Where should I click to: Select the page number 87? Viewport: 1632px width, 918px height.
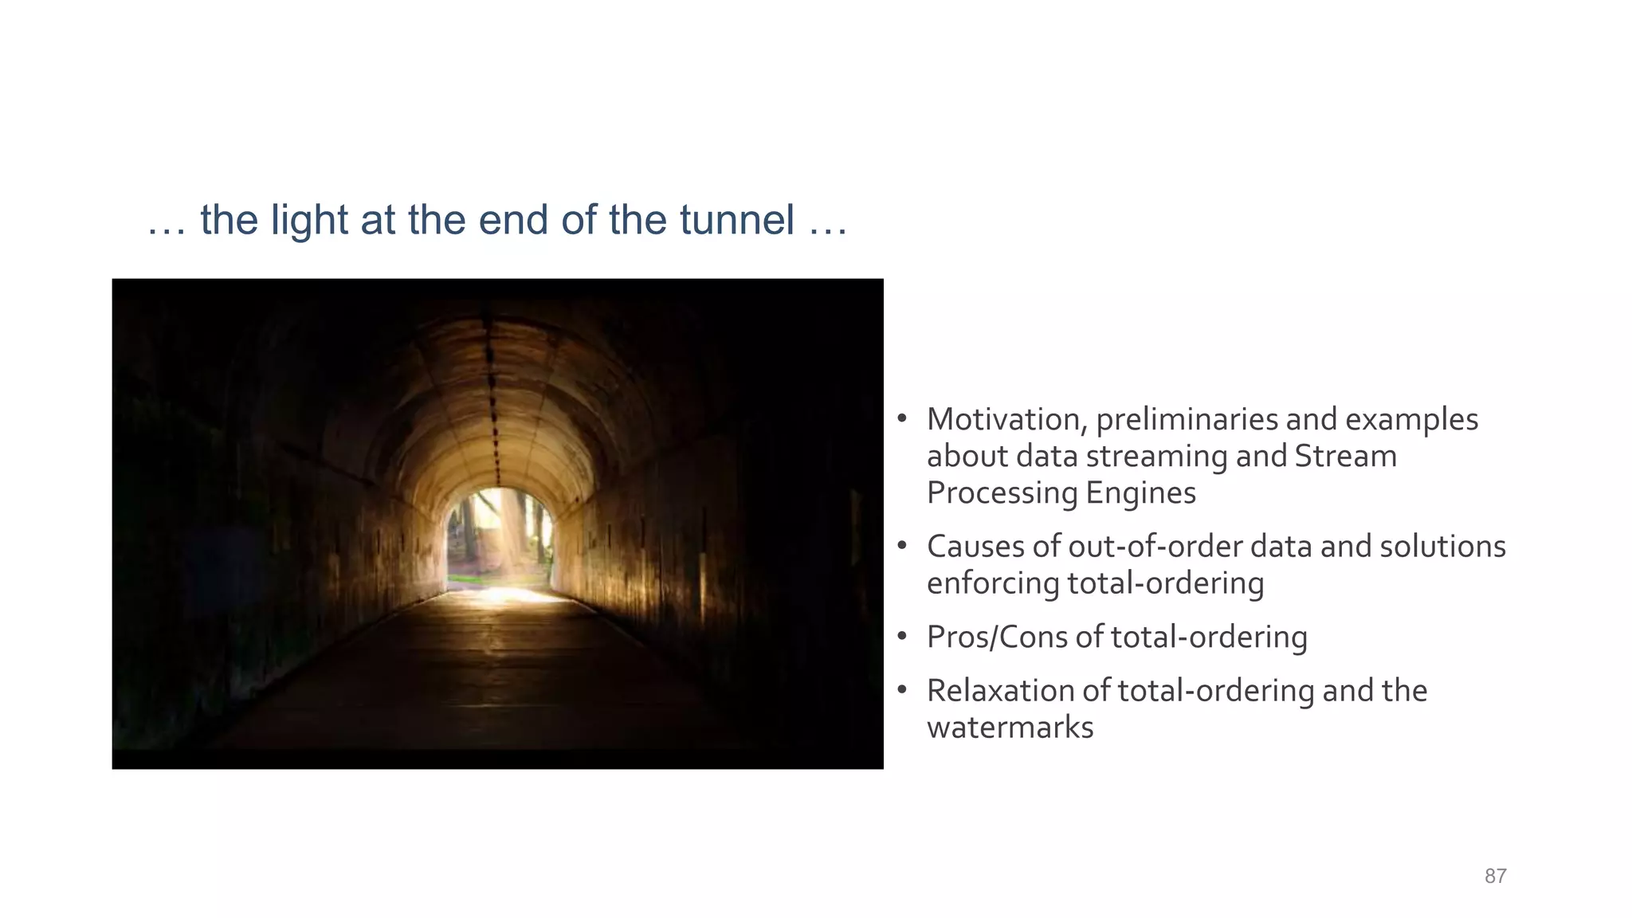click(x=1495, y=877)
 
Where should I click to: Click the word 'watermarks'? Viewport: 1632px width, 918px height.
click(x=1010, y=728)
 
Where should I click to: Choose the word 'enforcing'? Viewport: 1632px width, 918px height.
click(x=992, y=583)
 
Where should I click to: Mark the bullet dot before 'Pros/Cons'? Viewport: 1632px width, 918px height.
click(x=902, y=637)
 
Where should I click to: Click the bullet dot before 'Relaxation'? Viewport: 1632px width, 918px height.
click(x=902, y=690)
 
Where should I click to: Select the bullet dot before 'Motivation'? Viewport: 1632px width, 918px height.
click(x=902, y=419)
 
